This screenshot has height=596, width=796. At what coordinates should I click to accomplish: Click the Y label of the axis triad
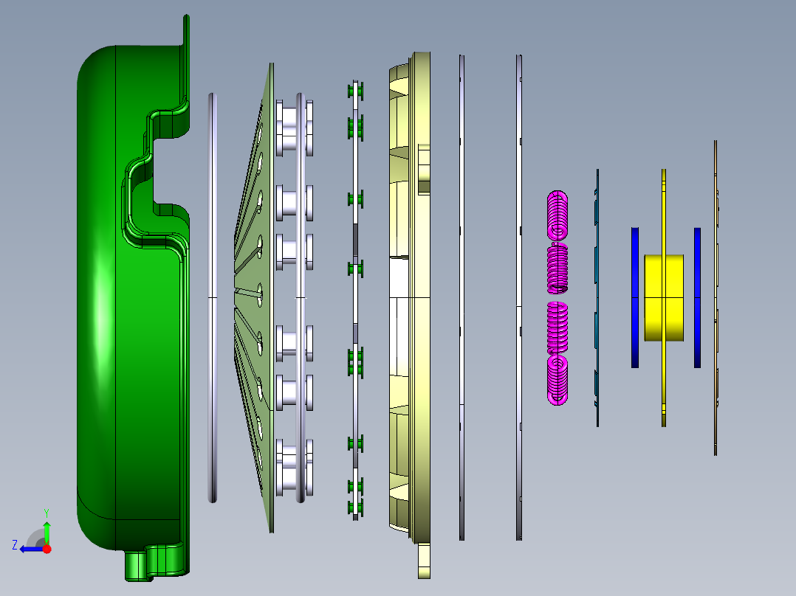click(47, 513)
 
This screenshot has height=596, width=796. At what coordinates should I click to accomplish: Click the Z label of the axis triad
click(15, 545)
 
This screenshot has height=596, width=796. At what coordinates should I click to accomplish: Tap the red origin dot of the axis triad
click(47, 549)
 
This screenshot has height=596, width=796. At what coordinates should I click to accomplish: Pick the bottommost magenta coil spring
click(557, 380)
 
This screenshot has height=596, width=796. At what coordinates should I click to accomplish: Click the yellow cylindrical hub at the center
click(664, 298)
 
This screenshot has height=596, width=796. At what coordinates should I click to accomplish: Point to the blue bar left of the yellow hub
click(635, 298)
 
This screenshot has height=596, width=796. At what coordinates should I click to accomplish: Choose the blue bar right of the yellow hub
click(698, 298)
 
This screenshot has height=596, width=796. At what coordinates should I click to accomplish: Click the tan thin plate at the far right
click(716, 298)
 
